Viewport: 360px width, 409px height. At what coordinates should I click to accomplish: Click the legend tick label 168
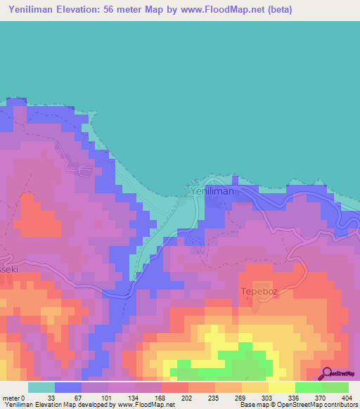161,398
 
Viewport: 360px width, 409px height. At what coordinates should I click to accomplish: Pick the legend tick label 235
214,398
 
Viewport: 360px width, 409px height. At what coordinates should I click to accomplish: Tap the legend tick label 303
268,398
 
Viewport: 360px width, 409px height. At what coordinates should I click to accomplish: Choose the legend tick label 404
347,398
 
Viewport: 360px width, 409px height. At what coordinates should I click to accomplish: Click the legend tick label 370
321,398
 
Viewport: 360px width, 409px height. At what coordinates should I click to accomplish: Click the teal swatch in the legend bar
41,387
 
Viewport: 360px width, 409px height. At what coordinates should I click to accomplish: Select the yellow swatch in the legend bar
281,387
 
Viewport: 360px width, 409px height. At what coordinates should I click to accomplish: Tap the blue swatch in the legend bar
68,387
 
